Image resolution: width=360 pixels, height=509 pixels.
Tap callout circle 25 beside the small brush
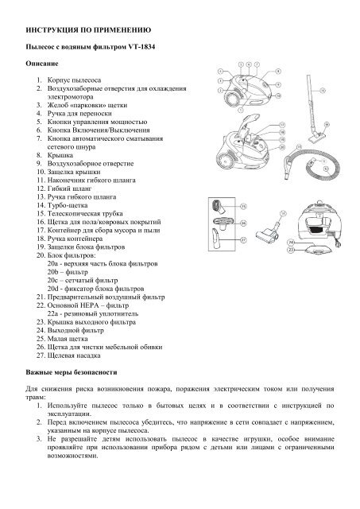[x=243, y=206]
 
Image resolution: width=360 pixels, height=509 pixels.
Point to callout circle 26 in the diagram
[x=243, y=223]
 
